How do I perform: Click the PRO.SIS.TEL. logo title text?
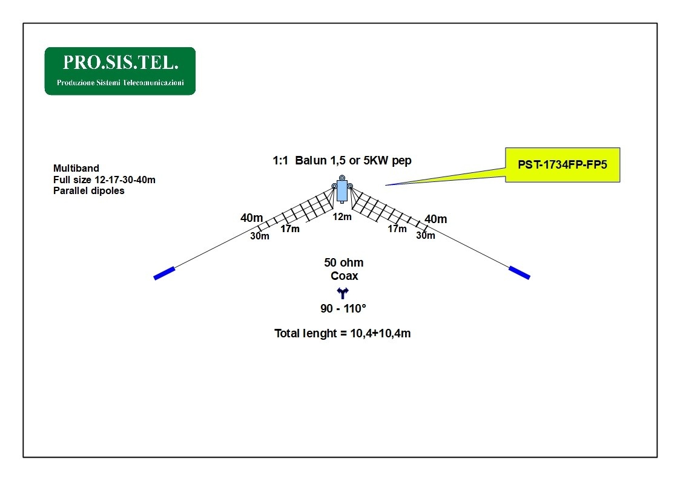coord(120,63)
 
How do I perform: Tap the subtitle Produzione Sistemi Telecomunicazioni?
coord(120,83)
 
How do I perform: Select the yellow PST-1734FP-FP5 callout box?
coord(563,165)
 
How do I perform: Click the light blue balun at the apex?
coord(342,191)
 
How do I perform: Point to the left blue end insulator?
coord(164,273)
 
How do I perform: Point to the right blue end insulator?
coord(520,273)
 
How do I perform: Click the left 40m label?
coord(251,218)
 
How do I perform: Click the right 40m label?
coord(435,219)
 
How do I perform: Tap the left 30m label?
coord(259,236)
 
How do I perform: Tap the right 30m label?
coord(426,235)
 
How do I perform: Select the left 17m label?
coord(289,229)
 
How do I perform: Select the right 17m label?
coord(397,229)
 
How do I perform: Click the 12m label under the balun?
coord(342,217)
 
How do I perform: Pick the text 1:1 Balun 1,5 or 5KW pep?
coord(342,161)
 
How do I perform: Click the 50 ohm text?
coord(343,263)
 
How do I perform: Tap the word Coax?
coord(345,276)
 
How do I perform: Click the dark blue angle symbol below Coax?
coord(343,293)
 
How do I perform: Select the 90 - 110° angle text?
coord(343,308)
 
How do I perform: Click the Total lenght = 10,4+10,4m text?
coord(342,333)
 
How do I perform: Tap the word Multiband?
coord(76,169)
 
